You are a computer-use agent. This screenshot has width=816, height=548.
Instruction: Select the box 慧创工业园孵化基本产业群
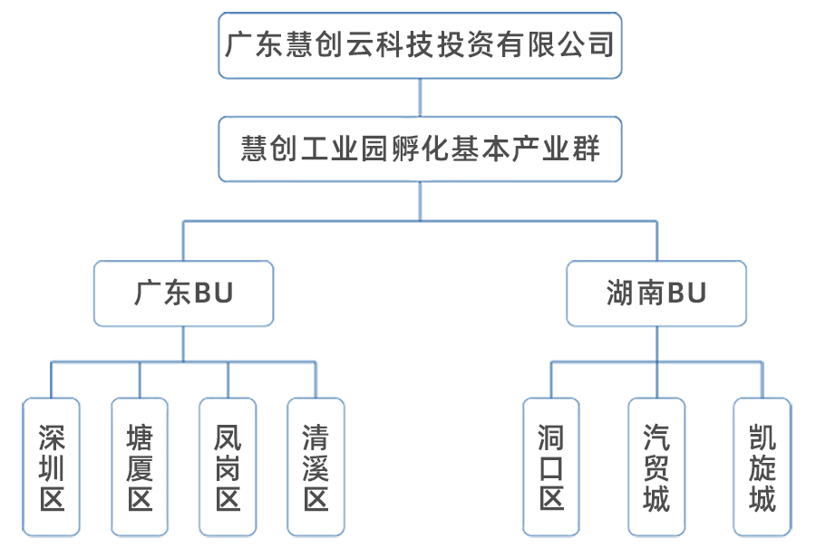coord(420,149)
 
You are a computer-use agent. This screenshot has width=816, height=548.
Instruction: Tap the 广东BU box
coord(183,293)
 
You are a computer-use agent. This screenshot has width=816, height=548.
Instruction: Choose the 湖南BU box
coord(656,293)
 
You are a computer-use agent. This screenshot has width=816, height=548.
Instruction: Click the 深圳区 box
coord(52,467)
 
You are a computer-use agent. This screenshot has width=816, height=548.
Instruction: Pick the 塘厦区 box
coord(140,467)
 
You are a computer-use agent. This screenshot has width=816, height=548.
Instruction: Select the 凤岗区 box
coord(228,467)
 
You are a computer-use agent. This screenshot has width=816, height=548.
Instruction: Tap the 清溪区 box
coord(316,467)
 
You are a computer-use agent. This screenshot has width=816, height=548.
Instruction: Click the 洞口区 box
coord(551,467)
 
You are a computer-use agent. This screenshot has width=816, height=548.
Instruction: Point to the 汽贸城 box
coord(656,467)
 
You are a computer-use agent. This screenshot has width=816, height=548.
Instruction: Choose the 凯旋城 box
coord(762,467)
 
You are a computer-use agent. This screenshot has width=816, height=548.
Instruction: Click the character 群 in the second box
coord(586,149)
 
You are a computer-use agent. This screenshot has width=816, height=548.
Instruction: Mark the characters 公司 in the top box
coord(587,44)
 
